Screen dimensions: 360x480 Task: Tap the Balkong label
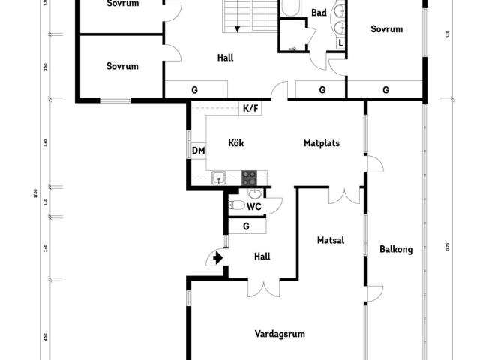(x=396, y=250)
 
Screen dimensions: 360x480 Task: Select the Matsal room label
(x=330, y=241)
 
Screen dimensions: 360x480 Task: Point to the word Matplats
(x=322, y=142)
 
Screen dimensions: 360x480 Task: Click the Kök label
(x=236, y=142)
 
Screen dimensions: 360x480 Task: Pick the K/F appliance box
(x=250, y=108)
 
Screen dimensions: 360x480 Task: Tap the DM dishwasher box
(x=199, y=151)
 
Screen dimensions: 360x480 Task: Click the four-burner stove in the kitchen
(x=249, y=178)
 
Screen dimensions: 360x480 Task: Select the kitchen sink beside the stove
(x=220, y=178)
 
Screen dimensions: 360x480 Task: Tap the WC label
(x=254, y=206)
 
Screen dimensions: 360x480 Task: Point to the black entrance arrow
(x=217, y=258)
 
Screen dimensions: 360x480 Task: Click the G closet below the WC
(x=245, y=226)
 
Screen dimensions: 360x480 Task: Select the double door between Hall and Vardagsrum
(x=264, y=288)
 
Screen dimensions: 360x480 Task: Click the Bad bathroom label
(x=319, y=13)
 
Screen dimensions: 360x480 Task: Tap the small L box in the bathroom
(x=340, y=43)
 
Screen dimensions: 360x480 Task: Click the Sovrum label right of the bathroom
(x=387, y=29)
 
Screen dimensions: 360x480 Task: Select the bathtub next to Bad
(x=290, y=8)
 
